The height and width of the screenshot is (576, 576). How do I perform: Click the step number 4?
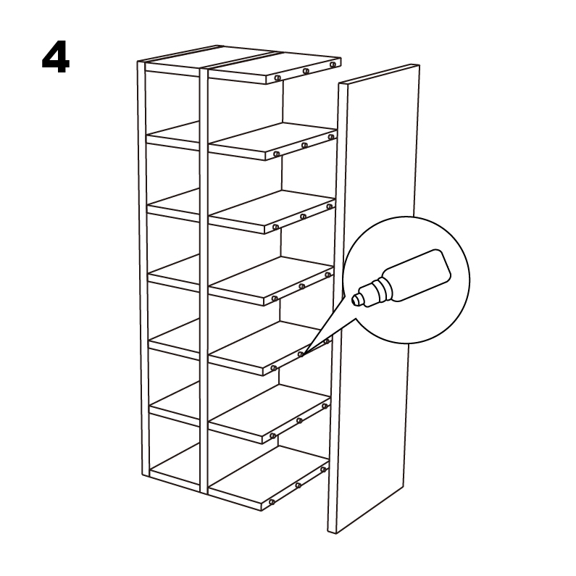56,57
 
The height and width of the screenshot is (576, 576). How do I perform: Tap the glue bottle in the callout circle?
401,278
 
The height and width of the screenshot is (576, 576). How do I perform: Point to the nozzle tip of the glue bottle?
355,300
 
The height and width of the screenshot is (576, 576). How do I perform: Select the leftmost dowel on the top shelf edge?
277,78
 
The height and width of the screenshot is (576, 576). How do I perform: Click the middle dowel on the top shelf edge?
306,71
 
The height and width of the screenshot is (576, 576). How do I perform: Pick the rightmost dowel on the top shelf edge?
333,64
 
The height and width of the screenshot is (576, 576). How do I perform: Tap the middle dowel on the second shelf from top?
304,146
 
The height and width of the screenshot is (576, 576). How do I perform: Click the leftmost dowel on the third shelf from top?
275,227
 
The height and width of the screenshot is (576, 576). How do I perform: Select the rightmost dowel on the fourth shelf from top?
327,275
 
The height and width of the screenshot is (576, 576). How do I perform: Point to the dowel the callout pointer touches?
301,354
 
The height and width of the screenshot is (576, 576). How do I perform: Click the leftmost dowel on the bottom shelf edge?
272,502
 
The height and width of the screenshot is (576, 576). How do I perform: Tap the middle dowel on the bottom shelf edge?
298,485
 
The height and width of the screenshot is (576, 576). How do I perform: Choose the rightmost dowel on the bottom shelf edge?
323,469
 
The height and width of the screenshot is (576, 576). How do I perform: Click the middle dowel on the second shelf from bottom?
299,421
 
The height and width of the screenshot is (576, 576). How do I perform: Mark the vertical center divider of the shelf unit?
204,280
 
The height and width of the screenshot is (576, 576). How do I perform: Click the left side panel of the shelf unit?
143,268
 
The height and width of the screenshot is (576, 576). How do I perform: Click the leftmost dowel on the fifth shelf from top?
273,368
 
